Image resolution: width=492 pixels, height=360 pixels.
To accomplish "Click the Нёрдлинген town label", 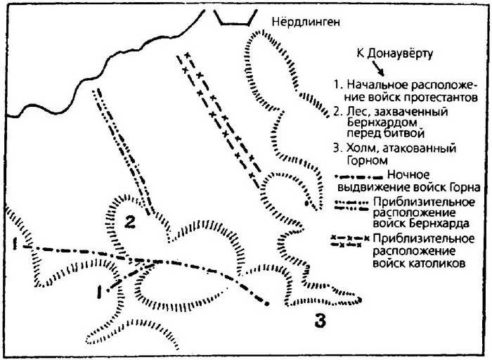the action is point(306,22).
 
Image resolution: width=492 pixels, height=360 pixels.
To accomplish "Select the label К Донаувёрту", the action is point(394,54).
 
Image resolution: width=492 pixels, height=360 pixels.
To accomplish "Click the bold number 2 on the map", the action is point(129,222).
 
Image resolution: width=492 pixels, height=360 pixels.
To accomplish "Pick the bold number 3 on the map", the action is point(320,321).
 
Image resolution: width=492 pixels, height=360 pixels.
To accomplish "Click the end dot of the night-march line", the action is point(267,304).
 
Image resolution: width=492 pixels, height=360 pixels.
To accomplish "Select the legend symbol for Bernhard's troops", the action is point(351,205).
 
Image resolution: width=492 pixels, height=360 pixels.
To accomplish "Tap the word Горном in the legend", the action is point(368,160).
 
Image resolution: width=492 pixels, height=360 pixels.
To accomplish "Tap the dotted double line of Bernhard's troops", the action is point(123,152).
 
